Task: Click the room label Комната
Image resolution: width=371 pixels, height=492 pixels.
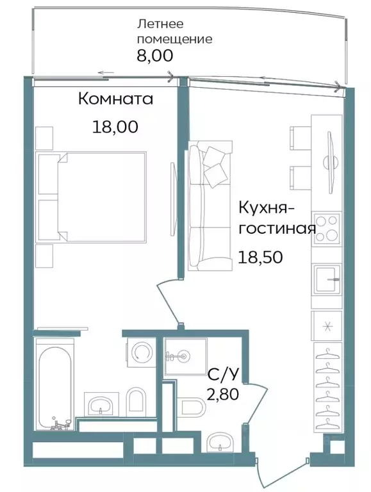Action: pyautogui.click(x=115, y=99)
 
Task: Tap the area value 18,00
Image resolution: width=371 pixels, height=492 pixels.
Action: pyautogui.click(x=115, y=126)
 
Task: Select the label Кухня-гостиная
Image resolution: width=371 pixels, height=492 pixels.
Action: pyautogui.click(x=276, y=218)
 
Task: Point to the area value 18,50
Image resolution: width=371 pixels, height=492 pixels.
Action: pyautogui.click(x=260, y=257)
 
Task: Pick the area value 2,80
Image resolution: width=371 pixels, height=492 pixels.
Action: pyautogui.click(x=223, y=393)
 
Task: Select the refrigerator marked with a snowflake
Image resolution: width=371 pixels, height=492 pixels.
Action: pyautogui.click(x=327, y=326)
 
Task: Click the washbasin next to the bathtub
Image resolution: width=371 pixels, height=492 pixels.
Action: pyautogui.click(x=99, y=404)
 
